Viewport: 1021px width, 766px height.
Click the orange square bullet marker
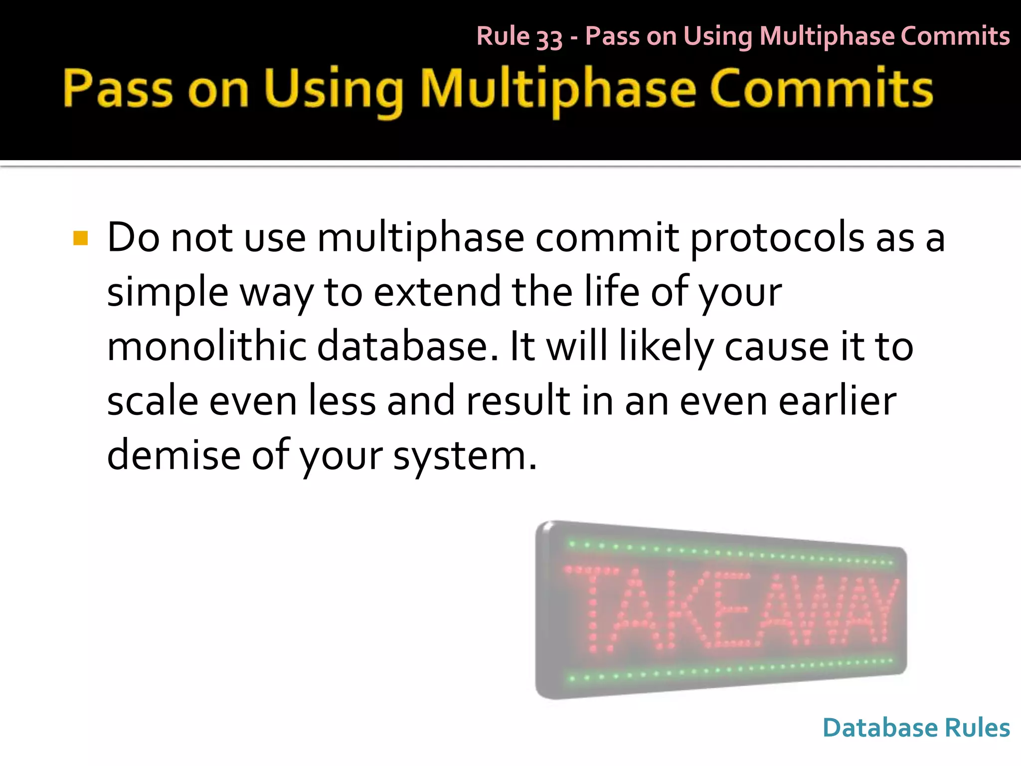pyautogui.click(x=80, y=238)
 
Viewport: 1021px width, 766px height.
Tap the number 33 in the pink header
pyautogui.click(x=549, y=37)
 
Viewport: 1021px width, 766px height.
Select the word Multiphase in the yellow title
pyautogui.click(x=558, y=90)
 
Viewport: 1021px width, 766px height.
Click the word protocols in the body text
pyautogui.click(x=778, y=238)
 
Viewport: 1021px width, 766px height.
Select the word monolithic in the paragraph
pyautogui.click(x=206, y=347)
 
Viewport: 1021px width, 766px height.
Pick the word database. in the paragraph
pyautogui.click(x=407, y=347)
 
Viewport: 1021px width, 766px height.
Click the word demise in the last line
pyautogui.click(x=173, y=455)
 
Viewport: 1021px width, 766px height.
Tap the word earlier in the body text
pyautogui.click(x=838, y=401)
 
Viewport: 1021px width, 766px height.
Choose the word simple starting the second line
pyautogui.click(x=168, y=293)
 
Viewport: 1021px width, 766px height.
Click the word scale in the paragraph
pyautogui.click(x=153, y=401)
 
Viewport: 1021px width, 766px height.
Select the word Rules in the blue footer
pyautogui.click(x=977, y=728)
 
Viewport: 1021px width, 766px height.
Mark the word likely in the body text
pyautogui.click(x=666, y=348)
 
